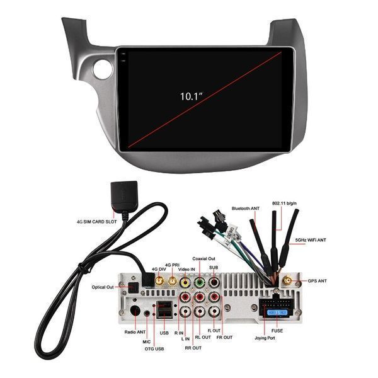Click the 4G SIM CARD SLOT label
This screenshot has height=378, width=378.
click(x=96, y=221)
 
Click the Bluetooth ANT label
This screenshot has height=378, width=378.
click(x=245, y=207)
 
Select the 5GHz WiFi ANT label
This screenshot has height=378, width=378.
click(x=311, y=240)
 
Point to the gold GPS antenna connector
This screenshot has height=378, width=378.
click(x=288, y=280)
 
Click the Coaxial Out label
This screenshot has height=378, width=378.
click(x=204, y=258)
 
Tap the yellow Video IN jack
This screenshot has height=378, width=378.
click(x=185, y=283)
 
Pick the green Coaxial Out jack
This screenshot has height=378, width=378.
click(x=200, y=283)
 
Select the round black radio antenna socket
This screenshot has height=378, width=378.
click(x=134, y=310)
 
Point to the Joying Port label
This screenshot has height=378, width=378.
click(x=266, y=337)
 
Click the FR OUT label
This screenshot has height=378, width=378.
click(x=224, y=338)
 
